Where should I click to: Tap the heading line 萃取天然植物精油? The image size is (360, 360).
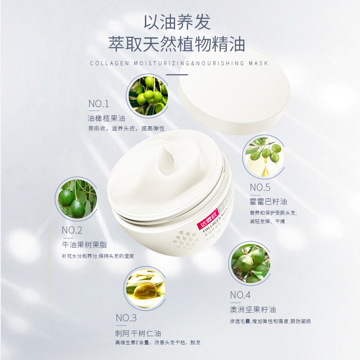(180, 45)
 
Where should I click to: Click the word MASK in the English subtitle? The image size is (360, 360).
(258, 63)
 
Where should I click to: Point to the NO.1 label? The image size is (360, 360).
(99, 104)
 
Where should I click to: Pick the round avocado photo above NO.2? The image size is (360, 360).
(76, 199)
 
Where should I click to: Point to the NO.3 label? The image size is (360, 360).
(126, 318)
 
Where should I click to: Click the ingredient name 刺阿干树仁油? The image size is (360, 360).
(138, 333)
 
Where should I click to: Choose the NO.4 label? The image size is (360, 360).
(240, 295)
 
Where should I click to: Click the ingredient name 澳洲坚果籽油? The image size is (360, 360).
(252, 310)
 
